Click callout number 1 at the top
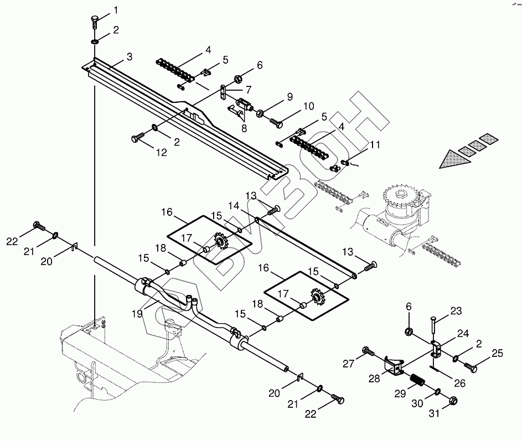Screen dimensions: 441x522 (116, 10)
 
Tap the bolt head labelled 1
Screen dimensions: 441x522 (94, 22)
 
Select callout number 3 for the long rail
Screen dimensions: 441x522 (129, 56)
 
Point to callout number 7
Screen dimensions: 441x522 (249, 89)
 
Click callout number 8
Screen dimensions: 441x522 (244, 128)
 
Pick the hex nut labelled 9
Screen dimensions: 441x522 (259, 113)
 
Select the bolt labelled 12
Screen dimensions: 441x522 (137, 138)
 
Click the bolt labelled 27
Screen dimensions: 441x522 (368, 350)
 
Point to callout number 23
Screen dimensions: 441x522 (455, 311)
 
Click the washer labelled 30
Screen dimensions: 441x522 (437, 392)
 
